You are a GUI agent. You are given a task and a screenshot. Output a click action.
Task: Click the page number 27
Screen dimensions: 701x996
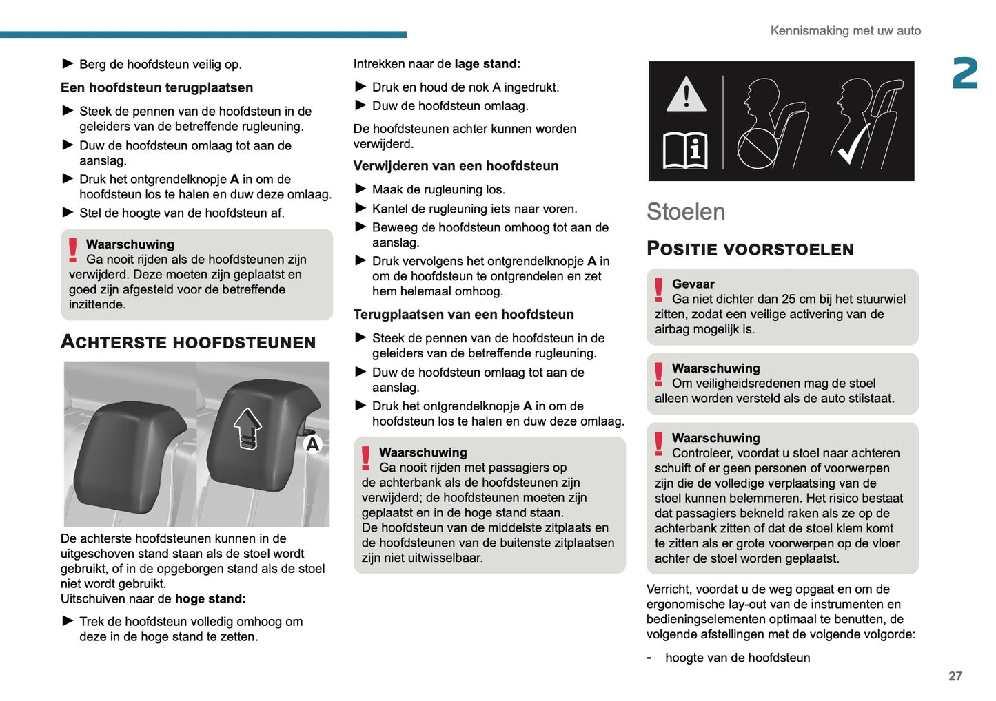pyautogui.click(x=955, y=676)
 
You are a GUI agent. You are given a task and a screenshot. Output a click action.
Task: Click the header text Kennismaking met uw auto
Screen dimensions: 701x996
pyautogui.click(x=845, y=31)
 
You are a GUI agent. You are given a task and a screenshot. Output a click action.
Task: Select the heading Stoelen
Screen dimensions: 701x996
pyautogui.click(x=685, y=211)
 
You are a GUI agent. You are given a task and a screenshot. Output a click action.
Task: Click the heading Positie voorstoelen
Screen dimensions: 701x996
pyautogui.click(x=750, y=249)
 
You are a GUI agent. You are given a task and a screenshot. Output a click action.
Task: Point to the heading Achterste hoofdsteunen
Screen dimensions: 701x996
pyautogui.click(x=188, y=342)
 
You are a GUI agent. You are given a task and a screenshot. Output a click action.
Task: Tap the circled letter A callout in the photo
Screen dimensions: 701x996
pyautogui.click(x=313, y=444)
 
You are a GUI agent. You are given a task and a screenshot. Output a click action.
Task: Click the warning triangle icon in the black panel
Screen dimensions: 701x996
pyautogui.click(x=686, y=94)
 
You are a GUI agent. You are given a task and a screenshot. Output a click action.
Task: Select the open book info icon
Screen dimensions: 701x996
pyautogui.click(x=686, y=149)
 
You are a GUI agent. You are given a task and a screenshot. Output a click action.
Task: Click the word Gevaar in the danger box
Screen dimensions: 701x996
pyautogui.click(x=693, y=284)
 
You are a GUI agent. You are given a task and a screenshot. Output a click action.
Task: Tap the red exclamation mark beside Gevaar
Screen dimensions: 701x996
pyautogui.click(x=659, y=290)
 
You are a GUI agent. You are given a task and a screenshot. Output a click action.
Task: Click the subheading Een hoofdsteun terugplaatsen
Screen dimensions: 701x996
pyautogui.click(x=156, y=87)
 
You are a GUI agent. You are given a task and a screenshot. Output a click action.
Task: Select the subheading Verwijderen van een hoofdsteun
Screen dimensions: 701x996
pyautogui.click(x=456, y=166)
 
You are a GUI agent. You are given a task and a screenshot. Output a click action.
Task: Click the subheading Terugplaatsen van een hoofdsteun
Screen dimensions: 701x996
pyautogui.click(x=463, y=315)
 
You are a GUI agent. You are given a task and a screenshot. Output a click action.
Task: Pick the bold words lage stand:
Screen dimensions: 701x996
pyautogui.click(x=487, y=64)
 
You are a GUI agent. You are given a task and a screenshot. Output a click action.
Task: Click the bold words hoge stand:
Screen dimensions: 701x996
pyautogui.click(x=210, y=598)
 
